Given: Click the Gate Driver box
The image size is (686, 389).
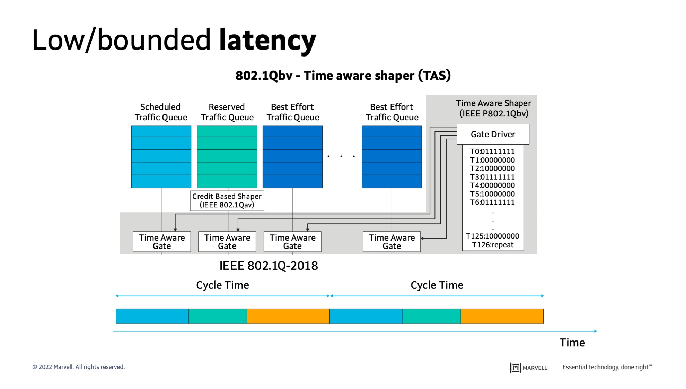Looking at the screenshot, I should (x=493, y=134).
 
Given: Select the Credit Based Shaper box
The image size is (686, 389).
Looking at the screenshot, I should (x=227, y=200).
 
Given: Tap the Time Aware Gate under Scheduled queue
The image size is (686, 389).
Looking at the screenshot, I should (x=162, y=242).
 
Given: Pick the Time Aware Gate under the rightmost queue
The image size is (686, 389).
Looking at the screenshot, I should (x=392, y=242).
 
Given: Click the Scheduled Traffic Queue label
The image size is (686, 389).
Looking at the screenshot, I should (x=161, y=112).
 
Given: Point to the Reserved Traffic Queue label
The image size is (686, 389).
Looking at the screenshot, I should (x=227, y=112).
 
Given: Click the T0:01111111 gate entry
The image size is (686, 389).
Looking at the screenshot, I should (x=492, y=152).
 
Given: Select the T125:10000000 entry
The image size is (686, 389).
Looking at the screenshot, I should (x=492, y=236).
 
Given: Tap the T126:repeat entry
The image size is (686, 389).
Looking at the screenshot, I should (x=493, y=245).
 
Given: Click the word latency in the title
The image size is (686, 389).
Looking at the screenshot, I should (x=267, y=40).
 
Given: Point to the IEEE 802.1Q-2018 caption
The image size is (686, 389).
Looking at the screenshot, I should (x=269, y=266).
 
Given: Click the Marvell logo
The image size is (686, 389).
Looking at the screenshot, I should (x=529, y=368).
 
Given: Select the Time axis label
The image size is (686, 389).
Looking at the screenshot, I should (x=572, y=343).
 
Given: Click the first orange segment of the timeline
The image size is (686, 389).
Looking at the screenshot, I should (x=288, y=316).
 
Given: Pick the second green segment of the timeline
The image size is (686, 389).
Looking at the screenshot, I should (x=431, y=316).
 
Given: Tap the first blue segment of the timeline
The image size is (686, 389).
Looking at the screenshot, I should (x=152, y=316).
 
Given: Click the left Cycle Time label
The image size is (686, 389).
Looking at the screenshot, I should (x=222, y=285).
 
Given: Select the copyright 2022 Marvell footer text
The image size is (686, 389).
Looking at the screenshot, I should (x=79, y=367).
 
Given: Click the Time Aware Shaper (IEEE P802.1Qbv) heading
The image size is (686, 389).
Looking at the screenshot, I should (x=493, y=108).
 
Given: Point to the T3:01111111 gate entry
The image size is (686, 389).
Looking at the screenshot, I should (x=492, y=177).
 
